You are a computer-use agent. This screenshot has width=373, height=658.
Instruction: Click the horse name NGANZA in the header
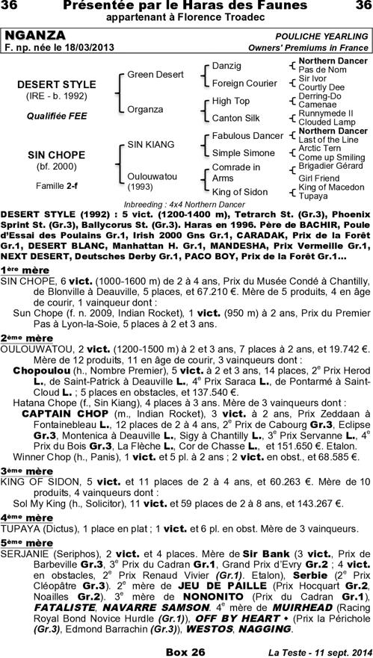tap(35, 36)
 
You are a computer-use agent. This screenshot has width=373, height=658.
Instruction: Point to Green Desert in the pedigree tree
tap(155, 75)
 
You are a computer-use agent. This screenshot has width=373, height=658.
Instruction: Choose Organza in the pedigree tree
tap(145, 109)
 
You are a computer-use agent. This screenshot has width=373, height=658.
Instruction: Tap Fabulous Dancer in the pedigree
tap(247, 136)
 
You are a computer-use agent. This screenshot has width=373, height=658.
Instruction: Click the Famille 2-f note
tap(52, 184)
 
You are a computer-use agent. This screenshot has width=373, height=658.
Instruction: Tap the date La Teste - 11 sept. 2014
tap(321, 652)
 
